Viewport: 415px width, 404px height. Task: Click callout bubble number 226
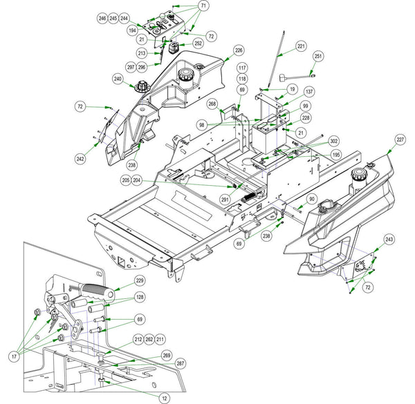coord(239,50)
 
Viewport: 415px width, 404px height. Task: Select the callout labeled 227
coord(400,140)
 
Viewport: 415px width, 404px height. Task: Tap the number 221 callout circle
coord(301,46)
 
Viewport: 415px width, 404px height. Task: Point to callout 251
coord(318,56)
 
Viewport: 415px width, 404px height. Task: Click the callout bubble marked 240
coord(118,79)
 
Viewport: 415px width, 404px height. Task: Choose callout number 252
coord(199,44)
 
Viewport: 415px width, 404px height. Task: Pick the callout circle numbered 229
coord(140,280)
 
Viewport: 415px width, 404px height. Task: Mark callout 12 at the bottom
coord(165,398)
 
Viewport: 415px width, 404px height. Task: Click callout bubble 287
coord(181,363)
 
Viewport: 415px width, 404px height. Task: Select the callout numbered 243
coord(389,240)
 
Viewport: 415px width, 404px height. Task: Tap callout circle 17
coord(14,357)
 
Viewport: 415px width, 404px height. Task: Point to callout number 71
coord(203,6)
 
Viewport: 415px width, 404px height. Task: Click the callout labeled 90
coord(312,199)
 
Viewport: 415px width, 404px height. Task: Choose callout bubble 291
coord(225,200)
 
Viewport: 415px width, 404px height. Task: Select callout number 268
coord(212,104)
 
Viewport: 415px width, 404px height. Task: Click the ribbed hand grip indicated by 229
coord(98,291)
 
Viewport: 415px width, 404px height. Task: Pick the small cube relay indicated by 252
coord(174,48)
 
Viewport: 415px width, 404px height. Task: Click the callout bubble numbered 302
coord(334,141)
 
